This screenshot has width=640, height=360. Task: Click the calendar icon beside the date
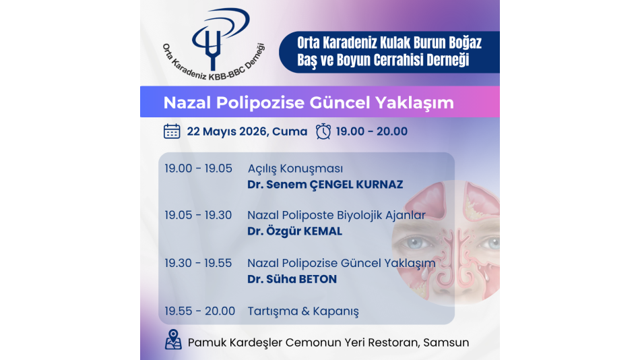click(x=172, y=131)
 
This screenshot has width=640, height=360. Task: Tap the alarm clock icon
click(x=323, y=131)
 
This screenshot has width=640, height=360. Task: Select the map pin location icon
click(x=173, y=339)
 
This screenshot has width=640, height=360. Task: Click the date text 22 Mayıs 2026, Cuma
click(x=247, y=131)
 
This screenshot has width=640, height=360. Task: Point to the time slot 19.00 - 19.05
click(x=198, y=169)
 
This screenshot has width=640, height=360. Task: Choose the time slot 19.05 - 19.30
click(x=198, y=215)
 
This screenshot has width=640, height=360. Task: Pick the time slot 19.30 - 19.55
click(x=198, y=263)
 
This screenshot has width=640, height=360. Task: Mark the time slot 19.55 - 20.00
click(x=200, y=311)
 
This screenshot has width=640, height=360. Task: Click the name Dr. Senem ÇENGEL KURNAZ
click(x=325, y=184)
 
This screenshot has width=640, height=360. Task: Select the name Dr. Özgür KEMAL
click(x=294, y=231)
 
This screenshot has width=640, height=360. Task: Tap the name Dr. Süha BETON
click(x=292, y=278)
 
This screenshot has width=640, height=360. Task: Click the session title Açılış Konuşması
click(x=295, y=169)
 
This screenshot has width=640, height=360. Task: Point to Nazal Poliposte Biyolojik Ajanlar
click(x=336, y=215)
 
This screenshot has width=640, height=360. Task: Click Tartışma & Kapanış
click(x=303, y=311)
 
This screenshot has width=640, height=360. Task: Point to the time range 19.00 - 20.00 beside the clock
click(x=372, y=131)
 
